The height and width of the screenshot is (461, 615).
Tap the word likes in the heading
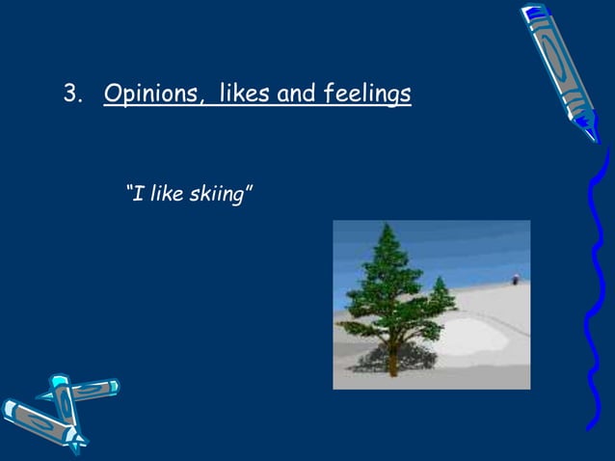click(245, 95)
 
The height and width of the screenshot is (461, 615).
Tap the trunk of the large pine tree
click(391, 362)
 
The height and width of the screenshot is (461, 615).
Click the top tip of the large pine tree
click(388, 226)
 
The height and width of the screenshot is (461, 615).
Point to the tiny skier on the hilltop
click(516, 279)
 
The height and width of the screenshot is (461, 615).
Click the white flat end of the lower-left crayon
click(12, 411)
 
